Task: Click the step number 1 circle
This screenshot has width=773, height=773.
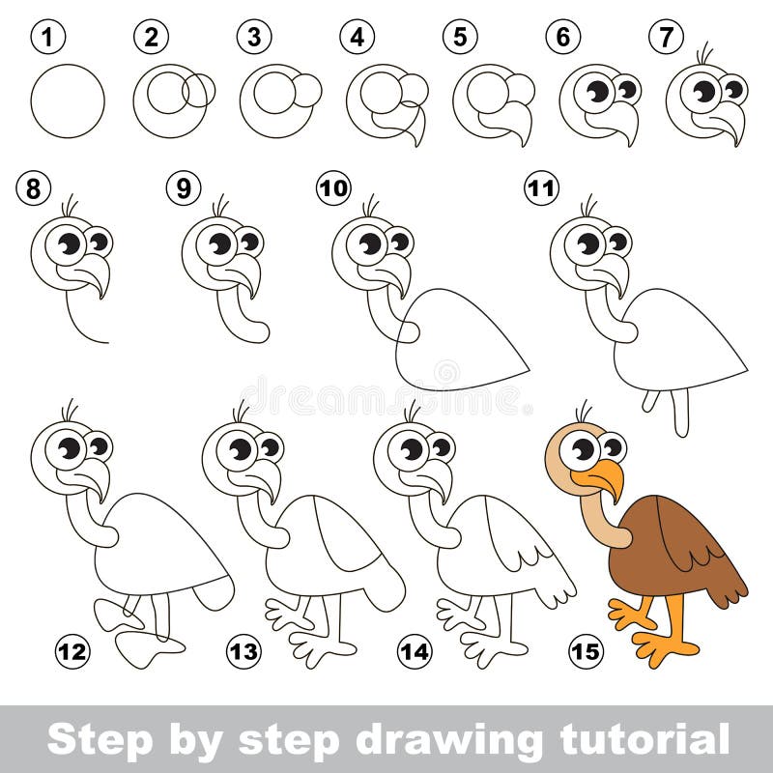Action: (44, 39)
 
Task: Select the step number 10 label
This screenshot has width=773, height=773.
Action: (333, 188)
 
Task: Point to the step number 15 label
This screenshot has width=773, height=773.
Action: (585, 652)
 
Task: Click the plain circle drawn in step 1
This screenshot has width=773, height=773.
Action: (68, 101)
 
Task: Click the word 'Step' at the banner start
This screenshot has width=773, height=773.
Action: (92, 741)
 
